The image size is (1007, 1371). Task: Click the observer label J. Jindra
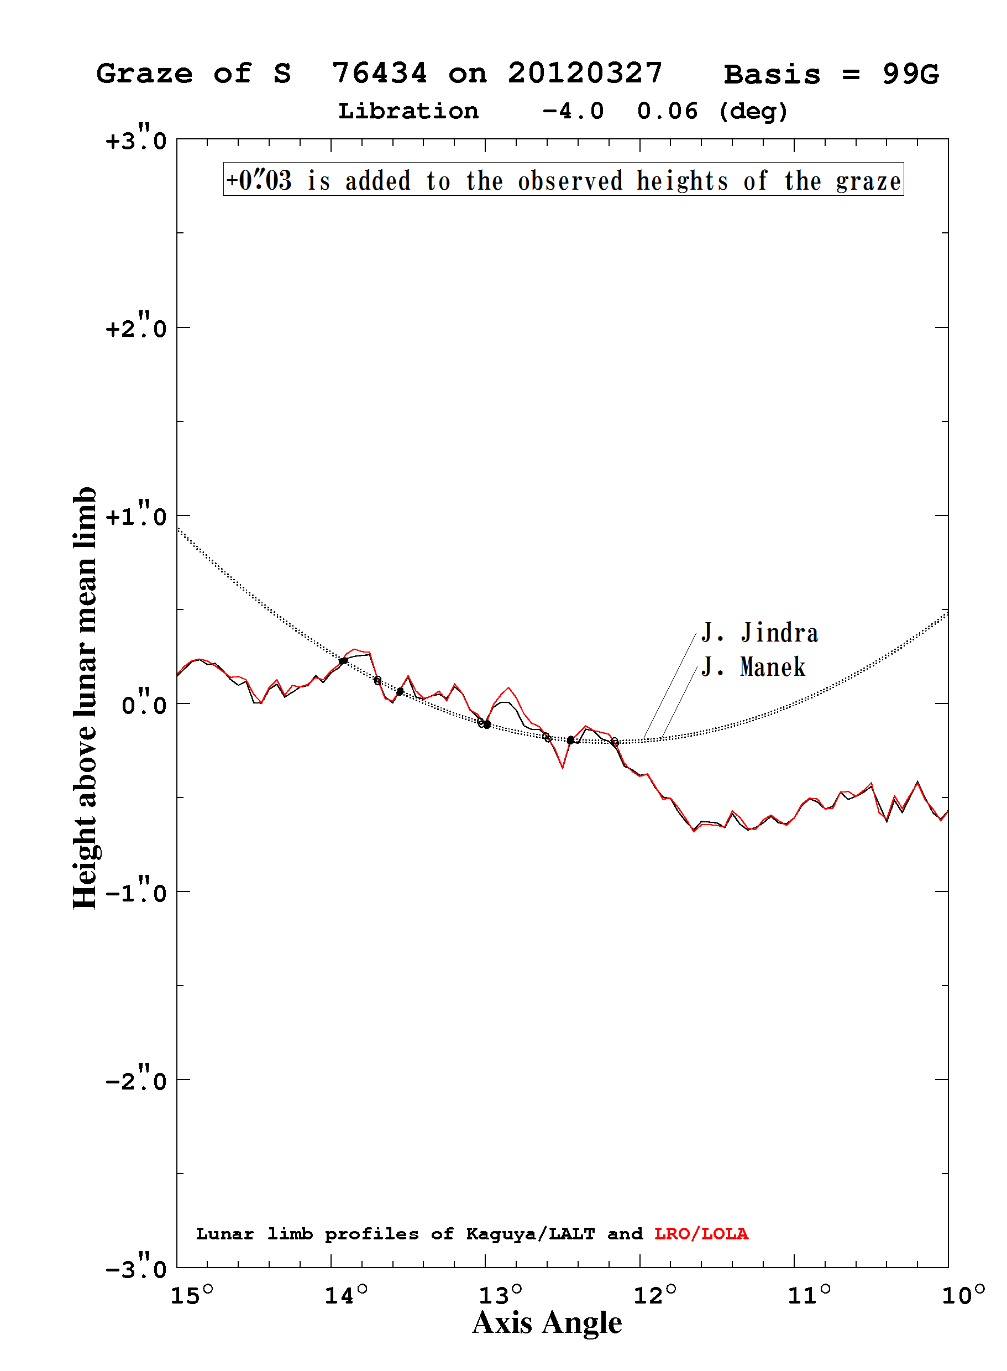point(759,633)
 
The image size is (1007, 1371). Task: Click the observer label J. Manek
point(753,666)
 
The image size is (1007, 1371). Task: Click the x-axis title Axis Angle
point(547,1323)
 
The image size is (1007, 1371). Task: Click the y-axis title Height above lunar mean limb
point(85,698)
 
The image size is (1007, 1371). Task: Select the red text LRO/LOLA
point(701,1233)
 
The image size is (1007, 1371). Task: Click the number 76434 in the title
point(379,73)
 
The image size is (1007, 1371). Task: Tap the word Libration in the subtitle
point(408,111)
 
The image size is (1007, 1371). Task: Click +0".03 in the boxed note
point(259,180)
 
